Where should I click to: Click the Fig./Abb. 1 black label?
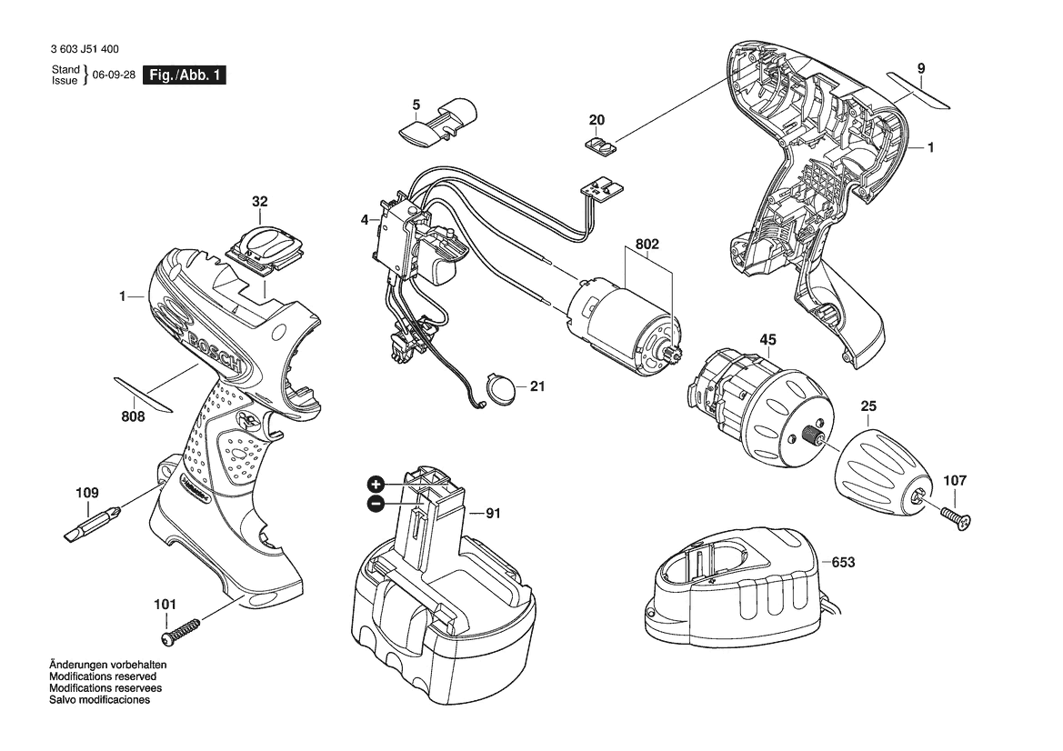(x=184, y=75)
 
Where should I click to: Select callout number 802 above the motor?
(x=647, y=244)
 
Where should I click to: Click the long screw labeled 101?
(x=181, y=630)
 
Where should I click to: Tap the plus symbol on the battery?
(x=376, y=485)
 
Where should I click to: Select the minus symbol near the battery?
(x=376, y=504)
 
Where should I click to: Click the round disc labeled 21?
(x=503, y=390)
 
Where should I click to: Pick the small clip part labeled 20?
(x=599, y=145)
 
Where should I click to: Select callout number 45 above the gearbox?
(x=767, y=339)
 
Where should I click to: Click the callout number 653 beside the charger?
(x=843, y=563)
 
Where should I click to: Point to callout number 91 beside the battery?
(x=493, y=513)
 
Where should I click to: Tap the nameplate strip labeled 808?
(x=143, y=395)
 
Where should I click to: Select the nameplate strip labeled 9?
(x=919, y=90)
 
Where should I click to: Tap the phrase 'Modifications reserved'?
(x=103, y=676)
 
